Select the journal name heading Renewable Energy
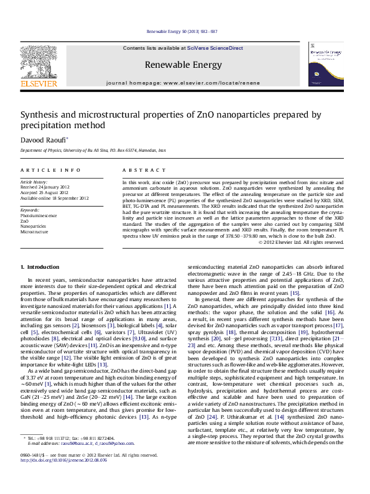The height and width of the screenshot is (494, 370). [x=183, y=65]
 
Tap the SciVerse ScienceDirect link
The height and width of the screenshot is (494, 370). [x=216, y=48]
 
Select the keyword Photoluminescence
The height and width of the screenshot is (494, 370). [x=39, y=215]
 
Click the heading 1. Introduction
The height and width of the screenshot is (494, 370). [x=40, y=266]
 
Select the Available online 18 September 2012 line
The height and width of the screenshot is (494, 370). [x=55, y=198]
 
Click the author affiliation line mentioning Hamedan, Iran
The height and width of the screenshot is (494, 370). [x=93, y=151]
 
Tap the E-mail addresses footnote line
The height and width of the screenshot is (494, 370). [x=81, y=461]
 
